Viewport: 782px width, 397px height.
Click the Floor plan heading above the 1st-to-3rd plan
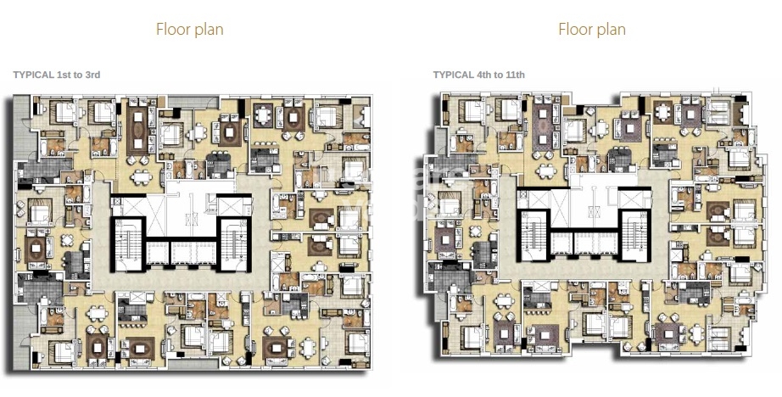(x=189, y=30)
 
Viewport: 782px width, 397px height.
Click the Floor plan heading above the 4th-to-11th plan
(x=591, y=30)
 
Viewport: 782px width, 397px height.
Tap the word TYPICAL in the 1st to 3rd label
(x=33, y=75)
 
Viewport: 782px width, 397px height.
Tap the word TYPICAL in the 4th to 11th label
(x=453, y=75)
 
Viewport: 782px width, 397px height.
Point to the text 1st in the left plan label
(x=64, y=75)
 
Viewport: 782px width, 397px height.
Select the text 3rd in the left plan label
(x=92, y=75)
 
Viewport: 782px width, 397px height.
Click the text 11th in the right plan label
(x=514, y=75)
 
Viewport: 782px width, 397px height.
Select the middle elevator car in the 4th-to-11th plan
(x=584, y=243)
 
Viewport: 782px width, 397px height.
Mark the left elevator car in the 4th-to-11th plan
(x=561, y=243)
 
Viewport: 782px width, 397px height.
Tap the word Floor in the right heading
(x=573, y=30)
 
